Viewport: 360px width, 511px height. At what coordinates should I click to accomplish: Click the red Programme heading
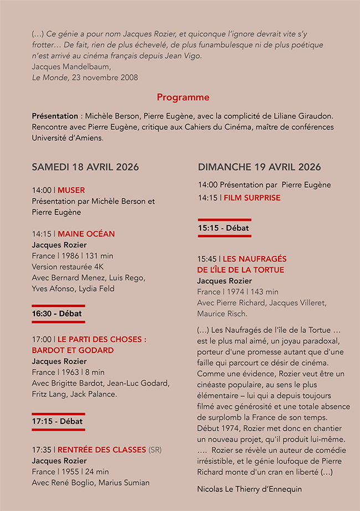click(x=183, y=98)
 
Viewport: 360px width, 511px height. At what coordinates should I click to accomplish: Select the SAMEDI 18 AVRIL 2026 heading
click(x=85, y=167)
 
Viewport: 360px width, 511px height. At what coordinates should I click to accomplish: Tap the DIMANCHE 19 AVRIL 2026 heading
click(x=259, y=167)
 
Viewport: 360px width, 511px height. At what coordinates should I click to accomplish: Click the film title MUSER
click(x=71, y=190)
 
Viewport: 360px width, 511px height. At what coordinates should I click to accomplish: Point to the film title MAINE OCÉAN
click(x=86, y=234)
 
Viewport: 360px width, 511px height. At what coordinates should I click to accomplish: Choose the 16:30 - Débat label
click(x=56, y=314)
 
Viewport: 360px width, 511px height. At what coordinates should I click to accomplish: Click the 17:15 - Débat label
click(x=57, y=421)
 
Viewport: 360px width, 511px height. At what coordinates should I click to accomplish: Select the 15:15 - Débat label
click(x=223, y=228)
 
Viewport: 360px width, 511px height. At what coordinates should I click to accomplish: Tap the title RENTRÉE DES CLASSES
click(x=102, y=449)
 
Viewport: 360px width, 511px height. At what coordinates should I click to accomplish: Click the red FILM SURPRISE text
click(x=252, y=198)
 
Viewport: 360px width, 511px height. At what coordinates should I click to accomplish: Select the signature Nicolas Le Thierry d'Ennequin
click(x=249, y=489)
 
